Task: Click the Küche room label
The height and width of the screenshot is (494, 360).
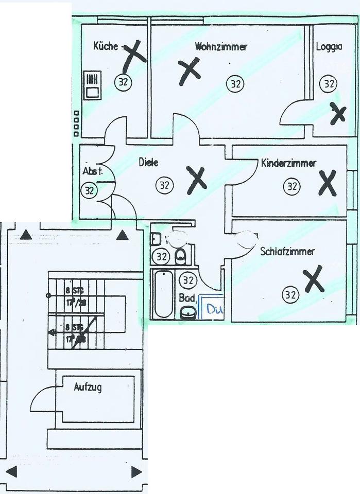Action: (106, 46)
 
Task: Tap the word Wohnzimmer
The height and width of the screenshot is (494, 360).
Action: (221, 47)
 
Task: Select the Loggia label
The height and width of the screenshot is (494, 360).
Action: (329, 47)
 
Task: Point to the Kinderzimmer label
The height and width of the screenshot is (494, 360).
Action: (288, 164)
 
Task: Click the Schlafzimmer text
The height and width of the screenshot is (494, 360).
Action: (287, 252)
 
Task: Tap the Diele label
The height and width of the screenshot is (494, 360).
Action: (148, 163)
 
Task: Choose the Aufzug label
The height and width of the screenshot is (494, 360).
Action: (87, 387)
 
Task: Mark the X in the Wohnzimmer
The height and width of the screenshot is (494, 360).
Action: (189, 71)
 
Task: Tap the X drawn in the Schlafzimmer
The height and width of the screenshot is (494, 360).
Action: (313, 279)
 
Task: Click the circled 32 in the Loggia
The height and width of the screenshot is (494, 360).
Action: (328, 83)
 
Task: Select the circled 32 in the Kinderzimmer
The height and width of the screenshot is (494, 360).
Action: (292, 186)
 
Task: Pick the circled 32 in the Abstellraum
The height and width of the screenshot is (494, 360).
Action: (90, 190)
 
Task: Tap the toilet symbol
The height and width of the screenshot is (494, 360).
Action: (180, 256)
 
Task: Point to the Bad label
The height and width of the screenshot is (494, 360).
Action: (186, 297)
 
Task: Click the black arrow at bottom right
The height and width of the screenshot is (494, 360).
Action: (136, 472)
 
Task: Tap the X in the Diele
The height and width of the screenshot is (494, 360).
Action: (196, 180)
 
